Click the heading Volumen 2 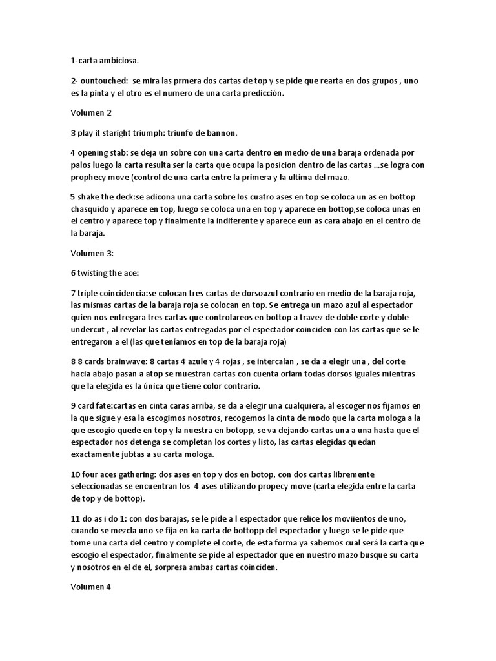coord(91,113)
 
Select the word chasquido coord(94,210)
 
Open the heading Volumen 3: coord(92,254)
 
